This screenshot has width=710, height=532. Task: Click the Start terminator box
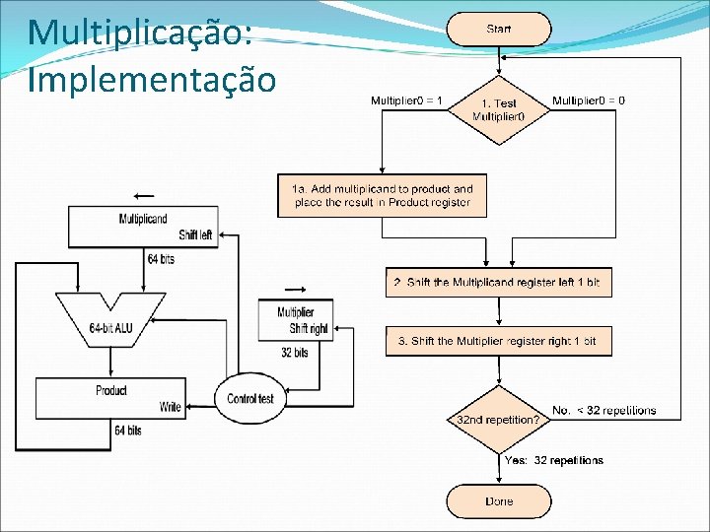[498, 30]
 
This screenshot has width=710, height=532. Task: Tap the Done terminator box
[498, 501]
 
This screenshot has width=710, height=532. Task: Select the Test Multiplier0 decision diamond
[498, 109]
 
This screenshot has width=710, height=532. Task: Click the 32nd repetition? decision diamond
[498, 419]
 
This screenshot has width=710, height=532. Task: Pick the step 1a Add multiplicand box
[383, 195]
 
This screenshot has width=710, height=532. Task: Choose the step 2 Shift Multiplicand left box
[498, 283]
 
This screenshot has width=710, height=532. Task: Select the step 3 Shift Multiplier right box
[498, 341]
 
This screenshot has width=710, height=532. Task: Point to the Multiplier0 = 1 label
[406, 100]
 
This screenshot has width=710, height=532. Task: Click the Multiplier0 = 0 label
[588, 100]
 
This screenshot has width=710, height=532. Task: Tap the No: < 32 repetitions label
[603, 410]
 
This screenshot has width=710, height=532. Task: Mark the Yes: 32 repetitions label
[553, 460]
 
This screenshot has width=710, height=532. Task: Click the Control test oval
[250, 398]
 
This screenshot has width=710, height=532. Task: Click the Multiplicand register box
[143, 227]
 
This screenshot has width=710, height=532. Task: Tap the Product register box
[110, 398]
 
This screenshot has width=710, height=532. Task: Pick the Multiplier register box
[296, 320]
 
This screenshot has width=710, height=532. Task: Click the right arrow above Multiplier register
[295, 289]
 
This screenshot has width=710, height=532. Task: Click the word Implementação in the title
[152, 79]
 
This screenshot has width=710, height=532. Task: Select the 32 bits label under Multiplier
[295, 353]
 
